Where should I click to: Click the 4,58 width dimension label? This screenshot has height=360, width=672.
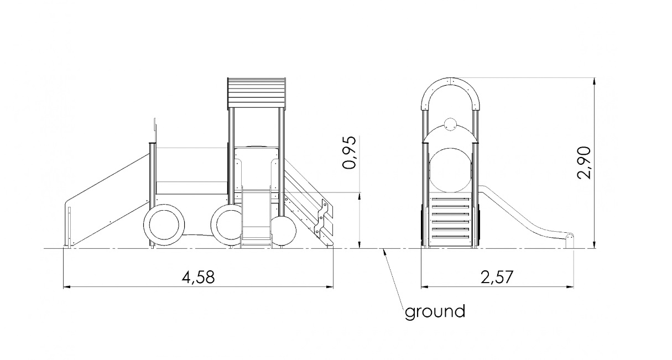point(199,278)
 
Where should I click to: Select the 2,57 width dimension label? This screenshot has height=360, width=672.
point(497,278)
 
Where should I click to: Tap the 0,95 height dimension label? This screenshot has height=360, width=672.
point(349,153)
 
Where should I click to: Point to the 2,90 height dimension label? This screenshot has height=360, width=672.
point(584,163)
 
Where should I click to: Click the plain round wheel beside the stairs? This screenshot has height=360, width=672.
point(284,231)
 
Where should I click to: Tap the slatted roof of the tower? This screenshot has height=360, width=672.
point(257,93)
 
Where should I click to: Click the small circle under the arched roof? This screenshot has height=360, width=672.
point(450,124)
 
